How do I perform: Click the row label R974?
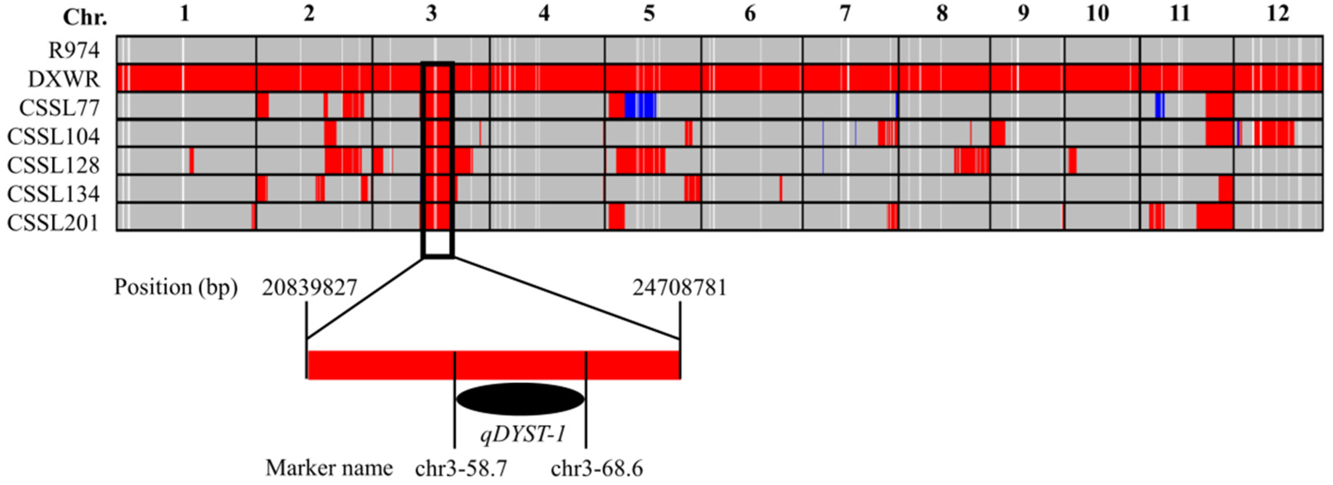[74, 51]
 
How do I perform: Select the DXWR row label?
[64, 79]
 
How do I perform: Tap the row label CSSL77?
[59, 108]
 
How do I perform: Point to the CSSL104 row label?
[53, 136]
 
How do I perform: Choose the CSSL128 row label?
[53, 165]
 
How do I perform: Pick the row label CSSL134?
[53, 193]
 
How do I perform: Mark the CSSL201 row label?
[53, 222]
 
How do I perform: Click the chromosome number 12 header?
[1278, 14]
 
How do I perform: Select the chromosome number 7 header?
[845, 14]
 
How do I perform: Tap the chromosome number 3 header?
[432, 14]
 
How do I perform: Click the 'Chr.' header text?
[85, 18]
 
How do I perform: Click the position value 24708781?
[680, 288]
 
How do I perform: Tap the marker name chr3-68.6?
[597, 469]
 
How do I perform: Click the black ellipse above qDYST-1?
[520, 399]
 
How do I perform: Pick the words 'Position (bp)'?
[176, 288]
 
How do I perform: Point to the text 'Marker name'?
[329, 469]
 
